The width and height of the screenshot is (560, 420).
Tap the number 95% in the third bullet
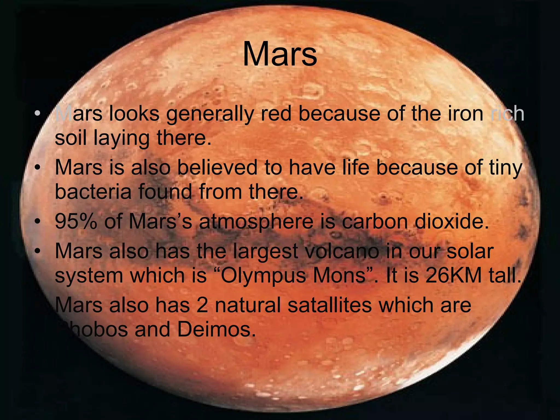click(x=76, y=221)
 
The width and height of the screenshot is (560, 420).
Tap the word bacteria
click(x=93, y=191)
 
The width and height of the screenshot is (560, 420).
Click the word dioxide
click(x=451, y=221)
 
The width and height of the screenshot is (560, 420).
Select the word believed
click(x=217, y=167)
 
